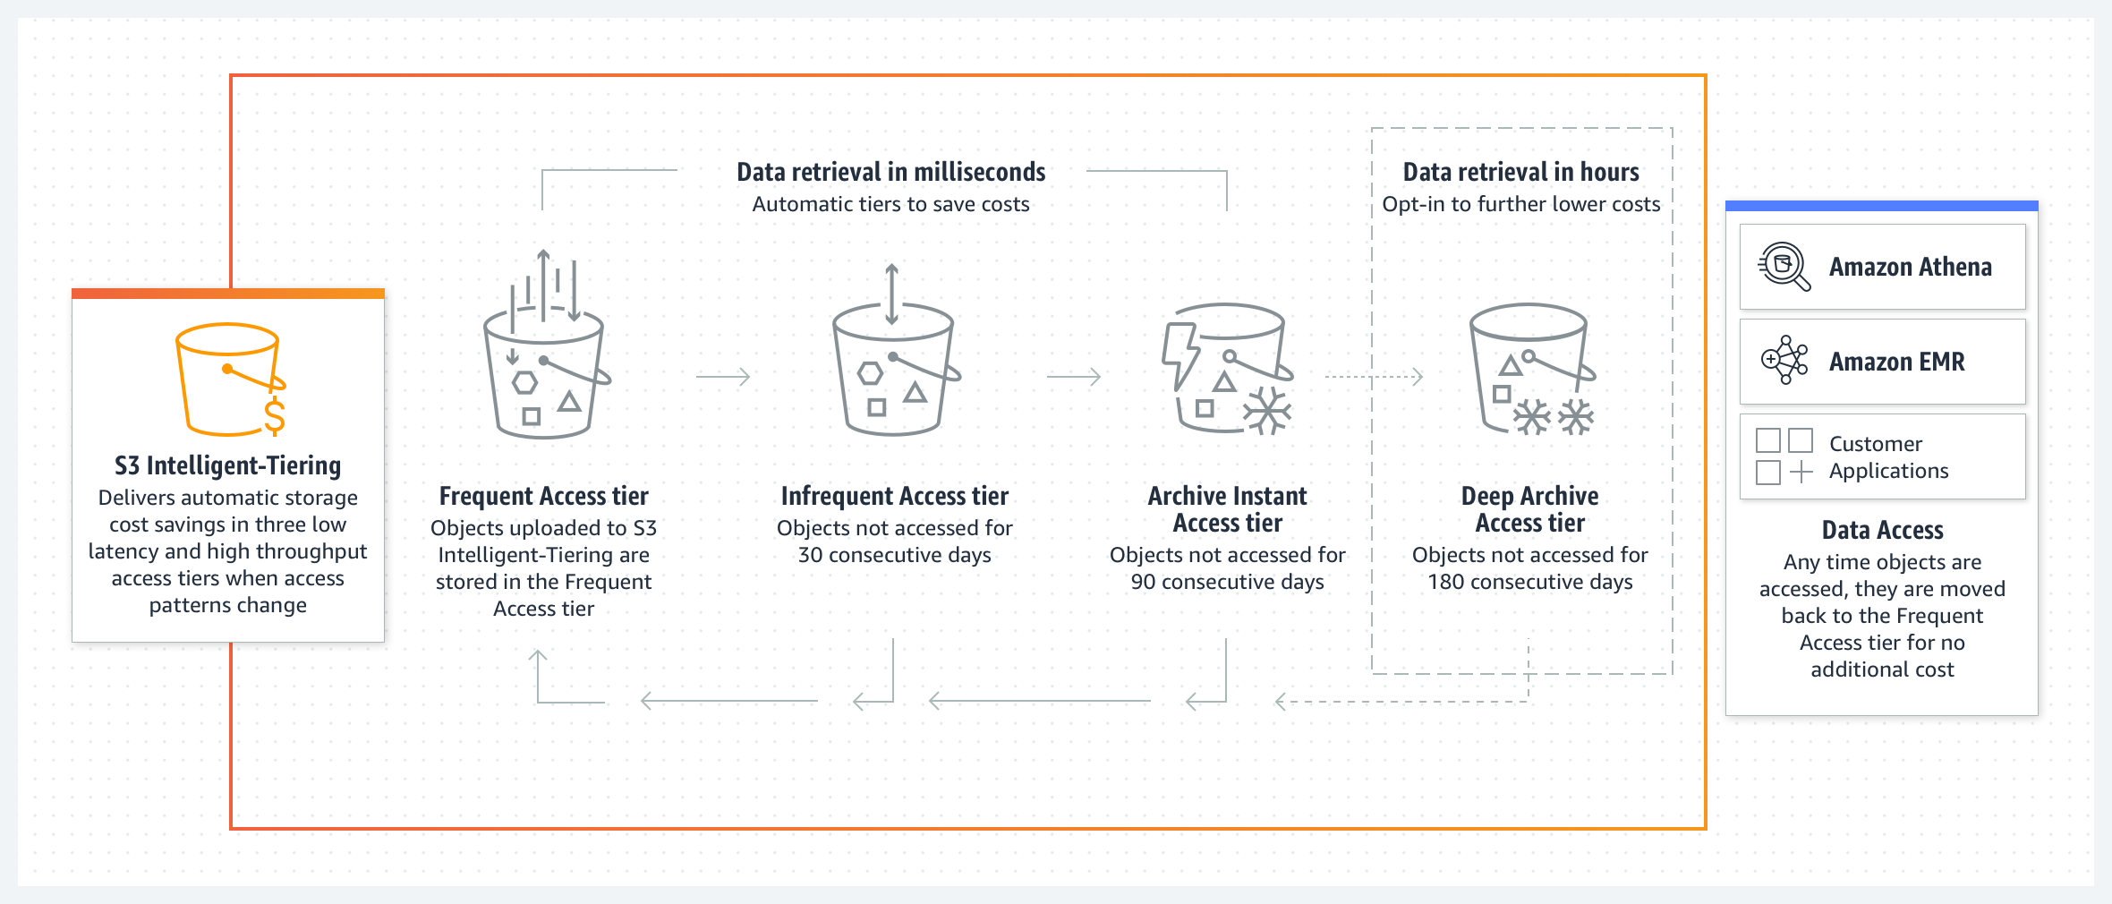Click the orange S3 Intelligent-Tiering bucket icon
(228, 379)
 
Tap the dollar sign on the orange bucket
(275, 417)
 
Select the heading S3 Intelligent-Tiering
(228, 465)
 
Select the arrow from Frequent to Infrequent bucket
(723, 377)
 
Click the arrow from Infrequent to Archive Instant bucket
(1074, 377)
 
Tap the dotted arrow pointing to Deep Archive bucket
(1374, 377)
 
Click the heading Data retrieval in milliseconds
(891, 172)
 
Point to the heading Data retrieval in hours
(1521, 172)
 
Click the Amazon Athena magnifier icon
(1784, 267)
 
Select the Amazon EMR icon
(1784, 361)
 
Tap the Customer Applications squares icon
(1784, 456)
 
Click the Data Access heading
(1883, 530)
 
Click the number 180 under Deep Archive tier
(1446, 582)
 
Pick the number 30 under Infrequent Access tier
(810, 555)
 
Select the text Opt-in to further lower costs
(1521, 204)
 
